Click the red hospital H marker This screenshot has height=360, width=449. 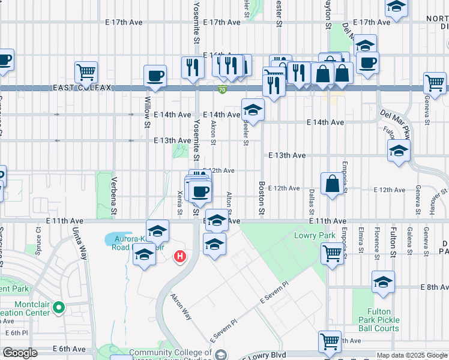click(x=179, y=257)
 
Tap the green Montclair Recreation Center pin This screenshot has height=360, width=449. click(x=58, y=308)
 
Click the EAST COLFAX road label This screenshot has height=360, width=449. click(x=86, y=88)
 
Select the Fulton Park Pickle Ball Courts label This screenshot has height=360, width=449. click(x=379, y=320)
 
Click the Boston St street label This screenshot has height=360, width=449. click(x=262, y=198)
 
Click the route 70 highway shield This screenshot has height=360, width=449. click(x=222, y=90)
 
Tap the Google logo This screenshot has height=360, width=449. click(x=20, y=353)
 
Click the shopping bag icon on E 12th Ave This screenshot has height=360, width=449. click(x=332, y=184)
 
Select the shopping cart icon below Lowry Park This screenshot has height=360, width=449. click(x=331, y=253)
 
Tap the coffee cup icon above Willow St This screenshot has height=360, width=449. click(x=155, y=76)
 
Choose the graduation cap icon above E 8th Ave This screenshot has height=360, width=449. click(x=383, y=281)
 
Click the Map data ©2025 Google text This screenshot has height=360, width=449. click(x=412, y=355)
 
